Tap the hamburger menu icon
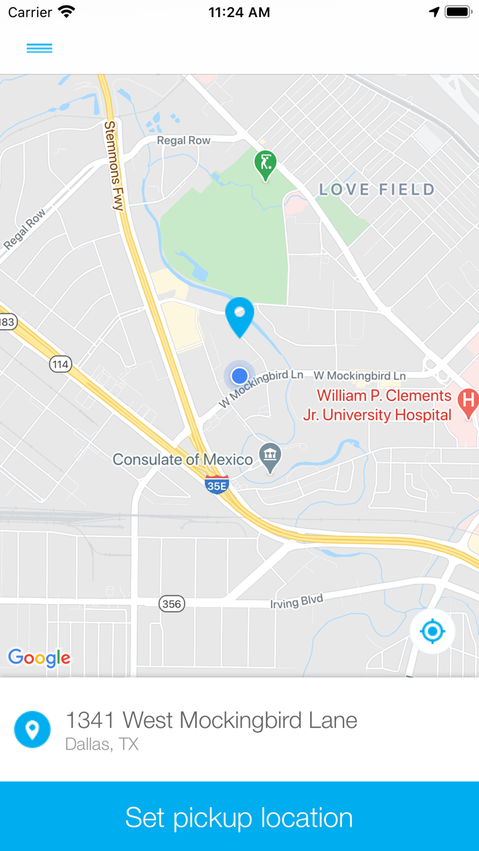[39, 48]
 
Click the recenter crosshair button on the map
[432, 631]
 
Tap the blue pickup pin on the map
[239, 316]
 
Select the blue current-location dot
[239, 376]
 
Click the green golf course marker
[265, 165]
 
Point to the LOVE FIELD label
[377, 189]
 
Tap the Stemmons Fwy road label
[113, 165]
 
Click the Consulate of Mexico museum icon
[271, 458]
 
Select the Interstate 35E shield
[217, 484]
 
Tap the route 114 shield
[60, 364]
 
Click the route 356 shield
[171, 603]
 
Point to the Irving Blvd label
[296, 601]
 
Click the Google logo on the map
[39, 657]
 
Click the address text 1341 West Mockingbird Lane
[211, 720]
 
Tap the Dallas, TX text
[102, 744]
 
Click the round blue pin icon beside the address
[32, 729]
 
